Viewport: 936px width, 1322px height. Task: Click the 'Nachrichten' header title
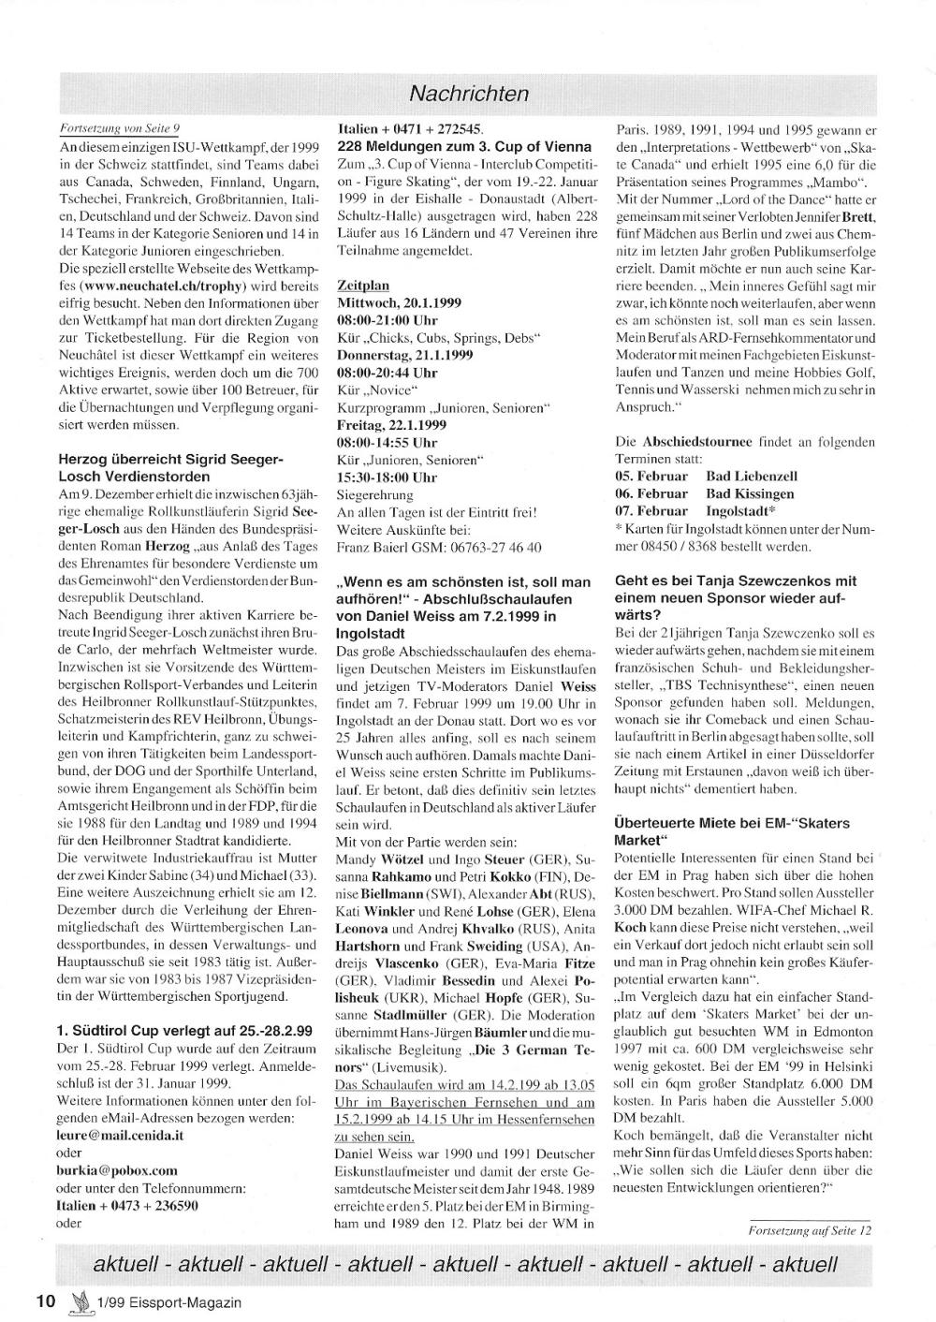click(469, 94)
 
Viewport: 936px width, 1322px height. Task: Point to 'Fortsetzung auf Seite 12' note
click(810, 1231)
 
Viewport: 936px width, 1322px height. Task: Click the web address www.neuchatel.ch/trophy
click(164, 285)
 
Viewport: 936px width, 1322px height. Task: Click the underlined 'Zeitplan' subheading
click(362, 285)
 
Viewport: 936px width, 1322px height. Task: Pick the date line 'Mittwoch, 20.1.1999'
click(399, 302)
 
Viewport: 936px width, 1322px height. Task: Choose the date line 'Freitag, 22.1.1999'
click(393, 424)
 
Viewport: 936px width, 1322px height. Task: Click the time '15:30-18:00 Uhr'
click(387, 477)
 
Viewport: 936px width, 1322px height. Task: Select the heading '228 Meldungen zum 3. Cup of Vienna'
click(463, 147)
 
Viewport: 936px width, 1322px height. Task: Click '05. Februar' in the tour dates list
click(651, 477)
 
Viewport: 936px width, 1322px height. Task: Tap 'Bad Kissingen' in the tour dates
click(750, 493)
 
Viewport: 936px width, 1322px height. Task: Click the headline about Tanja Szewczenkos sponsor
click(736, 589)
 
